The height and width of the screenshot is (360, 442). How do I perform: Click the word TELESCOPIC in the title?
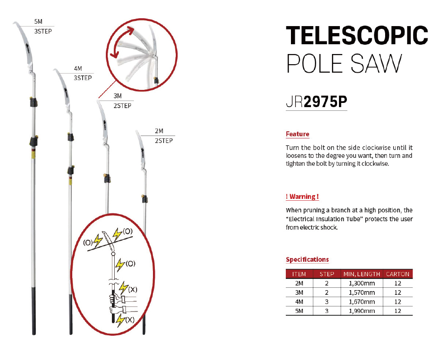357,35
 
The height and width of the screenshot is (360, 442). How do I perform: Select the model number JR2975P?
316,102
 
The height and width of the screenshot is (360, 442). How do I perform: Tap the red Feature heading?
297,134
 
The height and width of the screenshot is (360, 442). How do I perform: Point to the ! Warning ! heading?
302,197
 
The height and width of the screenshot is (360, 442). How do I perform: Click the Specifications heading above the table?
307,259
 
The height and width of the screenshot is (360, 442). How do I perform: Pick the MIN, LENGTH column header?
362,274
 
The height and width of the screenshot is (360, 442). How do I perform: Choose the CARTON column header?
397,274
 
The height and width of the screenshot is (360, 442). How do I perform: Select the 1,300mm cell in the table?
362,283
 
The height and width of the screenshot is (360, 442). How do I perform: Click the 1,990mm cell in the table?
362,311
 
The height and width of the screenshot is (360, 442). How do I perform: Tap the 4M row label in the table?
299,302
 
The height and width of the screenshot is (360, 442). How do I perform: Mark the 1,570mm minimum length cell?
362,292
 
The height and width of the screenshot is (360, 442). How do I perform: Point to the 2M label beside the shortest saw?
159,131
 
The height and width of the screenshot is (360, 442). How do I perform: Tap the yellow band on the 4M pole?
70,179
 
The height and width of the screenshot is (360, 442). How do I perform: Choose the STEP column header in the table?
327,274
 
